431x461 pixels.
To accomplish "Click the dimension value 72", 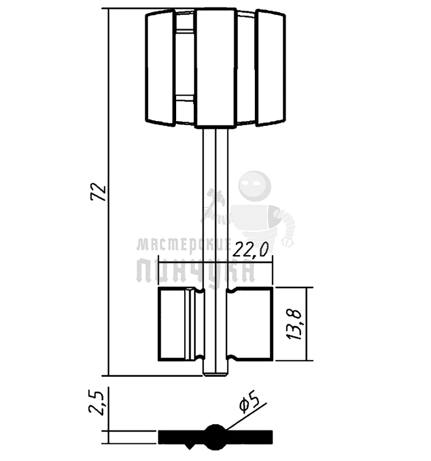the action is (99, 192).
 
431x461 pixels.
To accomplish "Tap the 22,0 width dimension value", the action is (251, 250).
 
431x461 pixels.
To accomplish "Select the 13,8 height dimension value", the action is (294, 324).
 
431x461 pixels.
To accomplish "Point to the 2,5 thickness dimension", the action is (96, 403).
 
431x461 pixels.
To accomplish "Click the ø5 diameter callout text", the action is (249, 403).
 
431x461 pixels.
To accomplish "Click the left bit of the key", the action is (181, 324).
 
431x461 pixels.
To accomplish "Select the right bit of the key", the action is (250, 324).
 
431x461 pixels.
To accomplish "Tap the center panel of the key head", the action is (216, 68).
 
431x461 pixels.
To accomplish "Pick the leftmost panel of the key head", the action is (161, 68).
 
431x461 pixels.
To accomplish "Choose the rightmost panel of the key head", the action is (270, 68).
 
